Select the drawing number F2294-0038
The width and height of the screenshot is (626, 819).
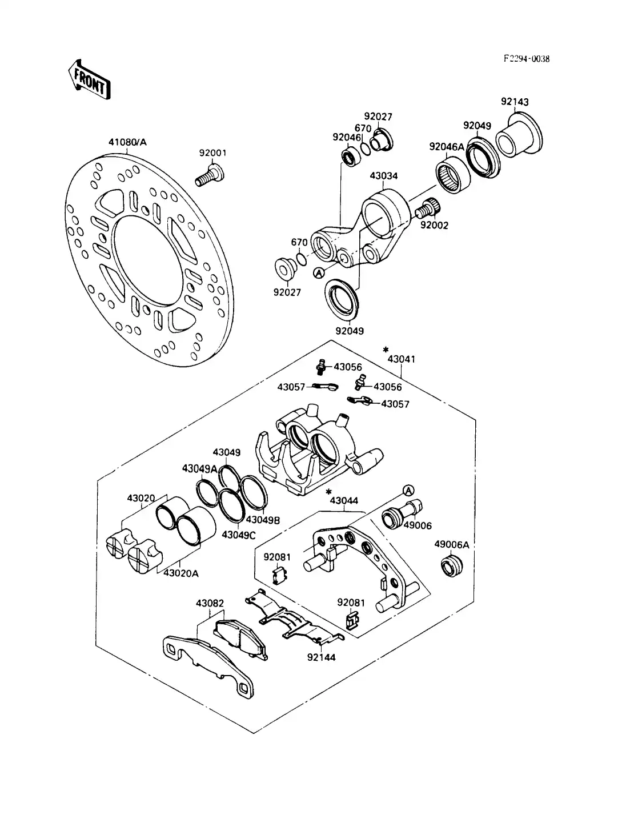coord(526,59)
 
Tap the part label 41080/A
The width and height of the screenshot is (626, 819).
coord(127,142)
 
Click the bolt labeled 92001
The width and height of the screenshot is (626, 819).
coord(211,174)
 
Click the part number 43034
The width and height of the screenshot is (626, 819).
coord(383,176)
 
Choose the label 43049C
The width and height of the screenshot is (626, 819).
coord(239,535)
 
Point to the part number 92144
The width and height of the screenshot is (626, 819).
coord(321,657)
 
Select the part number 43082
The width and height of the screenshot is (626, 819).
coord(210,603)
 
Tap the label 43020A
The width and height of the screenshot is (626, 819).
coord(180,573)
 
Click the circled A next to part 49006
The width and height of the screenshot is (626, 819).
coord(408,490)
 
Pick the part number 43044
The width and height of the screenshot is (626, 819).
coord(344,501)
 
